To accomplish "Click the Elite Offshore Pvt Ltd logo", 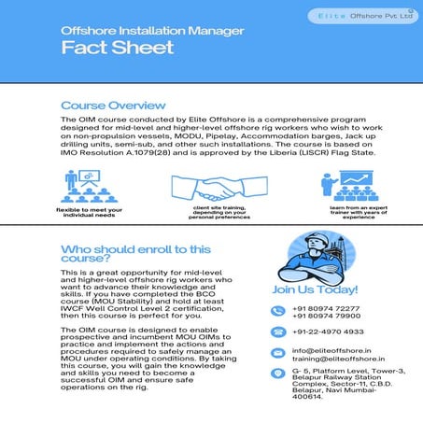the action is tap(366, 18).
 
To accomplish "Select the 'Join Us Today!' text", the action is tap(311, 289).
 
